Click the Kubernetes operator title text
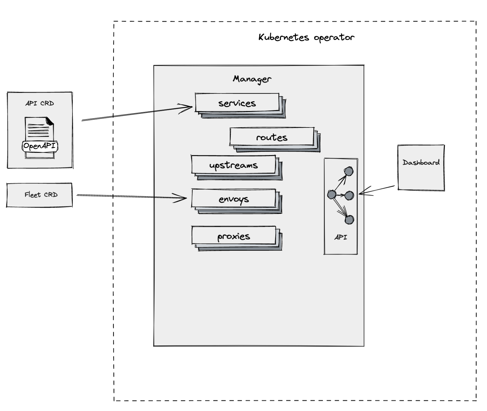point(306,38)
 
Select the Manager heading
point(252,79)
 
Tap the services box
point(237,103)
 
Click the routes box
point(271,137)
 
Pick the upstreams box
point(233,165)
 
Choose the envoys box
point(234,199)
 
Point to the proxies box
point(234,236)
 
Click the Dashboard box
point(421,168)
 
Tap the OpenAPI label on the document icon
point(40,146)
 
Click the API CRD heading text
point(40,103)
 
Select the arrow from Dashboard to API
point(377,190)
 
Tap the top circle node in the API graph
point(349,171)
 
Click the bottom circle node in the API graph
point(349,220)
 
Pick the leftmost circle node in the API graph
point(332,195)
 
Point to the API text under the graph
point(341,237)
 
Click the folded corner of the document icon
point(50,121)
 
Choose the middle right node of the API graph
point(349,196)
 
